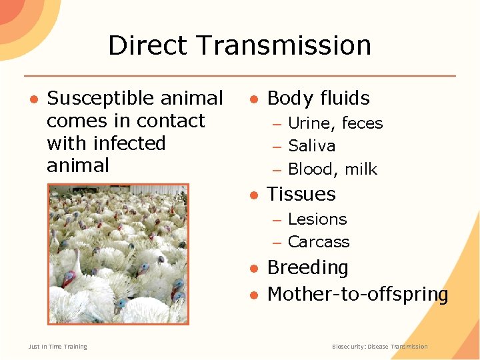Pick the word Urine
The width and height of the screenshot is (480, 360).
tap(309, 123)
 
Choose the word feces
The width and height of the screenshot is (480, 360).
tap(362, 123)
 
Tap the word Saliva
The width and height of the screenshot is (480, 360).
tap(312, 146)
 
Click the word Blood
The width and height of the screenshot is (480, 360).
tap(310, 169)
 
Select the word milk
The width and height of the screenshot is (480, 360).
tap(361, 169)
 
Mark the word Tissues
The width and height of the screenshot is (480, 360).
tap(301, 194)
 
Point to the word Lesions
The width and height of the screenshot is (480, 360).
tap(317, 219)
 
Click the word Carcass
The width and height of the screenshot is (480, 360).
tap(319, 242)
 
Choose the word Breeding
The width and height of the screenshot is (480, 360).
tap(308, 267)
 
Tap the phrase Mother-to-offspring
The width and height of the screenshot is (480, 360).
tap(358, 294)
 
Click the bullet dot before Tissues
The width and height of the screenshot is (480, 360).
tap(254, 195)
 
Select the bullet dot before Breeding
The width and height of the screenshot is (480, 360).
tap(254, 268)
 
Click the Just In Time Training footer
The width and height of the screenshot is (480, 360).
tap(58, 347)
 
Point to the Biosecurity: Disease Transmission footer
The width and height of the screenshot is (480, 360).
tap(380, 347)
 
